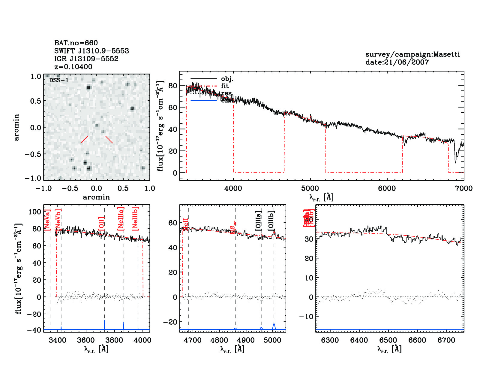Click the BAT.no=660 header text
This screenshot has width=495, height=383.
click(76, 43)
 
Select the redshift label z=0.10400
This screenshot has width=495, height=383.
click(73, 67)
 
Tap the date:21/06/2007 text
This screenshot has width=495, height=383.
click(397, 62)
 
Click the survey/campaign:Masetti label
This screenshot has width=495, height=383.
click(412, 54)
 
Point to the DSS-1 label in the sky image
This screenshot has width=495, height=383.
click(59, 80)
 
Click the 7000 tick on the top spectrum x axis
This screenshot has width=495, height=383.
click(463, 188)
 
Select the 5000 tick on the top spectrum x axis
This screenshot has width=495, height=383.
click(310, 188)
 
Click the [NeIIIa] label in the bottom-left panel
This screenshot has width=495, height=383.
click(121, 219)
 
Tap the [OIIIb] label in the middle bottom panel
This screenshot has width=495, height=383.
click(271, 220)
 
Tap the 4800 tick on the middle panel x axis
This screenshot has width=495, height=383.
click(220, 340)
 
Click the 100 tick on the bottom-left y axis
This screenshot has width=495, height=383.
click(35, 212)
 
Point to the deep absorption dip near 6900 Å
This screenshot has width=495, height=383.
click(455, 161)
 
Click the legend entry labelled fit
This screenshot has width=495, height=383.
click(225, 86)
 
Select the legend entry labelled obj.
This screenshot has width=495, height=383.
click(227, 79)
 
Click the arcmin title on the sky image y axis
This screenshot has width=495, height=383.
click(16, 127)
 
